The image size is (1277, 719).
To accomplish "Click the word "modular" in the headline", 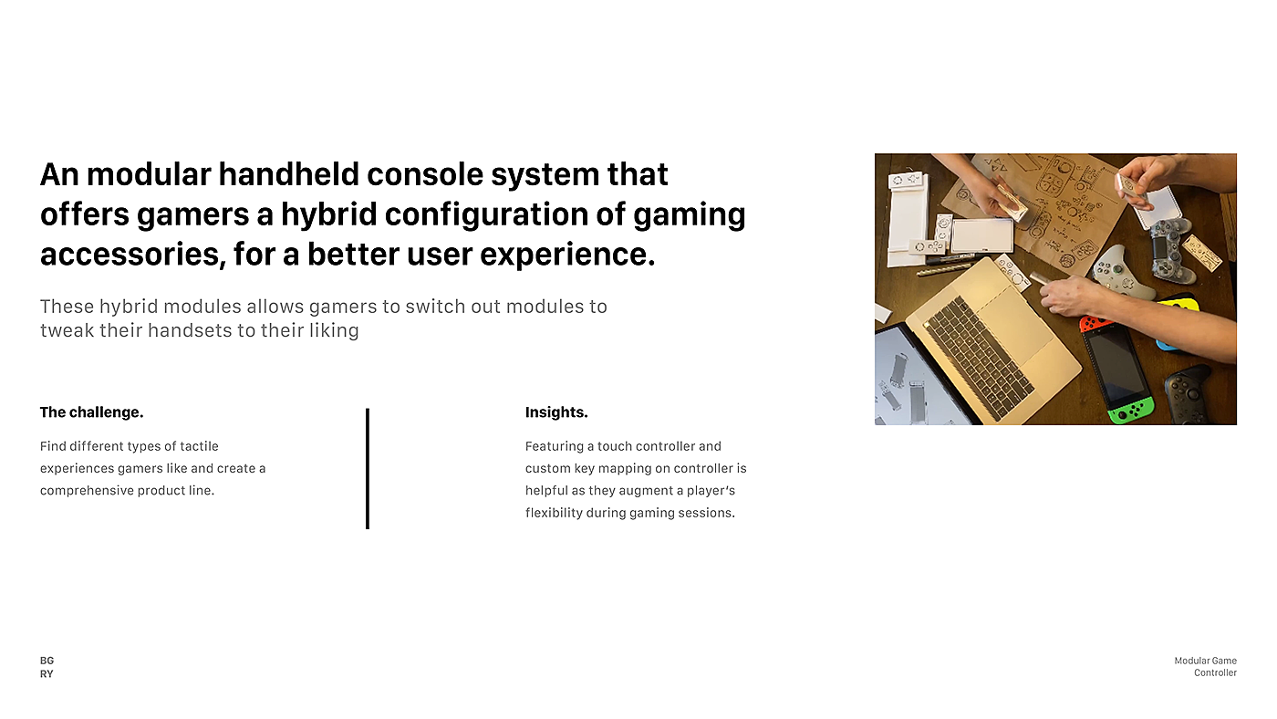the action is tap(149, 174).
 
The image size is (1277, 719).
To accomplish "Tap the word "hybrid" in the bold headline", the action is tap(329, 214).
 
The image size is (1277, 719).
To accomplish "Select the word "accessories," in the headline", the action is tap(130, 255).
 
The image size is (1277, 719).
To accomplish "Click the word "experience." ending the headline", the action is tap(567, 255).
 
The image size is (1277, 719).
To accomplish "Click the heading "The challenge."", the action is tap(91, 412).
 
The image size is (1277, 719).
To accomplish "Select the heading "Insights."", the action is tap(556, 412).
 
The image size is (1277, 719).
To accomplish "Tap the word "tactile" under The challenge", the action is tap(199, 446).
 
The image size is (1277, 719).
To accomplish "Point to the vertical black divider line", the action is tap(368, 469).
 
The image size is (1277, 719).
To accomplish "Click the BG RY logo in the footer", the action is tap(47, 667).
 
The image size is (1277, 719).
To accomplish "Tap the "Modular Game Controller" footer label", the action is tap(1205, 667).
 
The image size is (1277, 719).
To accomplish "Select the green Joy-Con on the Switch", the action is tap(1131, 410).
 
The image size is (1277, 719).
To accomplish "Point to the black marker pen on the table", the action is tap(949, 259).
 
